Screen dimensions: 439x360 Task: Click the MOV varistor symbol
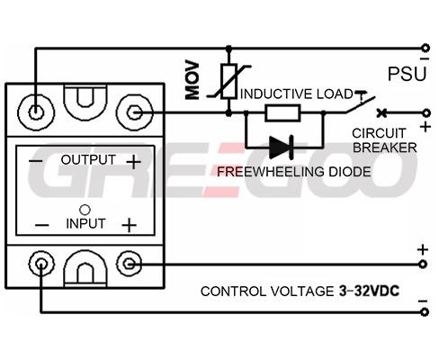click(x=229, y=81)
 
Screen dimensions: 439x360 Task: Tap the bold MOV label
click(x=193, y=80)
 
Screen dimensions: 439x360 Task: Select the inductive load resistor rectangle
click(x=282, y=113)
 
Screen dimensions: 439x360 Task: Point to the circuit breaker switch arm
click(x=361, y=104)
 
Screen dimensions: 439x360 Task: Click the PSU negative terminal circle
click(x=426, y=48)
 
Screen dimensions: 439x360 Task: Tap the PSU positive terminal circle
click(x=426, y=113)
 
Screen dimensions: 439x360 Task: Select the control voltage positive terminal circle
click(x=423, y=265)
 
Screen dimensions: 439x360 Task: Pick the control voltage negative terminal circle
click(x=424, y=312)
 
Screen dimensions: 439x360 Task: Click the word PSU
click(x=407, y=74)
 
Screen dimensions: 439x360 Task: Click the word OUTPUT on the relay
click(x=88, y=159)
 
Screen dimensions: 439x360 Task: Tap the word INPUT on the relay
click(x=85, y=224)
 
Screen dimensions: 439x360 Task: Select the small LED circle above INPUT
click(x=85, y=210)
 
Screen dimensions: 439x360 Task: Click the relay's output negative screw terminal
click(x=36, y=112)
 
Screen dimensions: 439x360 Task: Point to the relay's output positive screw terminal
click(x=134, y=112)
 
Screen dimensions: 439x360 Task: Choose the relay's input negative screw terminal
click(x=41, y=264)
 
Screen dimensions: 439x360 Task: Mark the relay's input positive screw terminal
click(x=130, y=264)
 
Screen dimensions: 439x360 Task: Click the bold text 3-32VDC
click(x=369, y=291)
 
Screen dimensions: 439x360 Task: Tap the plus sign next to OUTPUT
click(x=133, y=162)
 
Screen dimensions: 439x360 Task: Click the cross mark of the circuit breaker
click(x=381, y=113)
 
